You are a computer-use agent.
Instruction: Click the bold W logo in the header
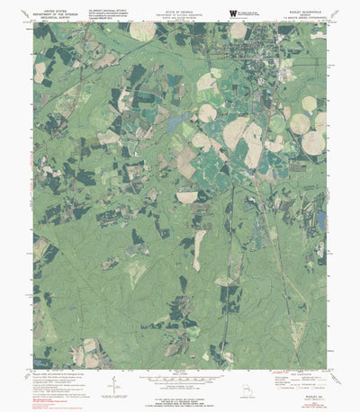(233, 12)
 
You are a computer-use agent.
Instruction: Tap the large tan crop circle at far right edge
(312, 142)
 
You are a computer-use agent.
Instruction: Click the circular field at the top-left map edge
(141, 31)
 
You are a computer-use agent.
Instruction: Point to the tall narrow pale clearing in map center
(199, 249)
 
